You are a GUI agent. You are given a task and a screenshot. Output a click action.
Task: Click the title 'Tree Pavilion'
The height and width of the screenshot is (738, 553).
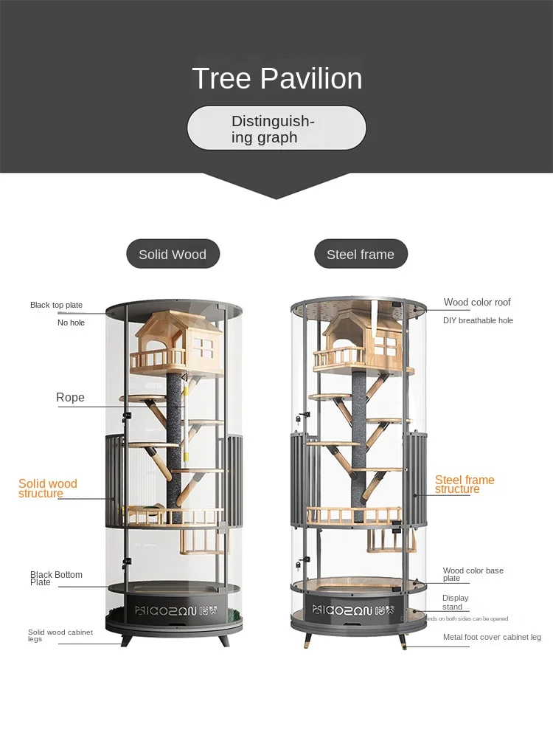click(x=276, y=79)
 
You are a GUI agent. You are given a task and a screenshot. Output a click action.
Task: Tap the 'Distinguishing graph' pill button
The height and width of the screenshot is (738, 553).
click(x=276, y=129)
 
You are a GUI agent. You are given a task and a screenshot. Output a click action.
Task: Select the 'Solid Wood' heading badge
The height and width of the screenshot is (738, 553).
click(x=173, y=254)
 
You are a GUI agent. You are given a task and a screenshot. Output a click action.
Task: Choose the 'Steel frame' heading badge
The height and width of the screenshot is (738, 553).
click(x=361, y=254)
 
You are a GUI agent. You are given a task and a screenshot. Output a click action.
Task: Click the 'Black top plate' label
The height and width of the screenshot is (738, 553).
click(x=56, y=305)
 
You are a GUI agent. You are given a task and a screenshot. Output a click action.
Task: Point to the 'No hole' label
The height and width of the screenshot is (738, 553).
click(x=72, y=323)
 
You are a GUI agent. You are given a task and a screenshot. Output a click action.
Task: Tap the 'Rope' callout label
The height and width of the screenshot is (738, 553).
click(x=70, y=398)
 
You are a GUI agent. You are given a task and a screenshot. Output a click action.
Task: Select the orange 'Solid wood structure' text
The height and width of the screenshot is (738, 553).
click(x=47, y=489)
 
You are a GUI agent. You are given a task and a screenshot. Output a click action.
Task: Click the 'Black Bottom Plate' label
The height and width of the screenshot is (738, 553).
click(x=56, y=579)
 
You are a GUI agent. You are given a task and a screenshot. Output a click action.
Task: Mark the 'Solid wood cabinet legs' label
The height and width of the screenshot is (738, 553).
click(x=60, y=635)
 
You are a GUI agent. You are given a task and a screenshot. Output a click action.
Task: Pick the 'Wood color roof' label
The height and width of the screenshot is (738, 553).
click(x=477, y=303)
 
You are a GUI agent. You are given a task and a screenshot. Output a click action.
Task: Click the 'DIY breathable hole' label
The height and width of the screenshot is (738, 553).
click(x=478, y=320)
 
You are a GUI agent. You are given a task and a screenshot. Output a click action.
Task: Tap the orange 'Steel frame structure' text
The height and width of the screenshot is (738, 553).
click(x=465, y=484)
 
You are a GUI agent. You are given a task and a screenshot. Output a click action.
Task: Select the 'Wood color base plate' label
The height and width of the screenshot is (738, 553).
click(x=473, y=574)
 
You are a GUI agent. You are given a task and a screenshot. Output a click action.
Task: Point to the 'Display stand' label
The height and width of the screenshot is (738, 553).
click(x=455, y=602)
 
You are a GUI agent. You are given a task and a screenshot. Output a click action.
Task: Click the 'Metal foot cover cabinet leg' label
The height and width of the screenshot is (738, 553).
click(x=492, y=637)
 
